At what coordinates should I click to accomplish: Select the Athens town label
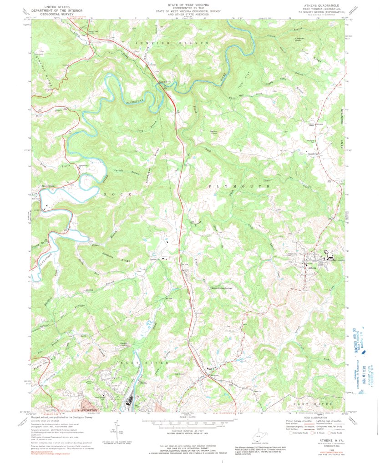click(x=312, y=268)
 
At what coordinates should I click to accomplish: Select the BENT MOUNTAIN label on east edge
click(x=342, y=127)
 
